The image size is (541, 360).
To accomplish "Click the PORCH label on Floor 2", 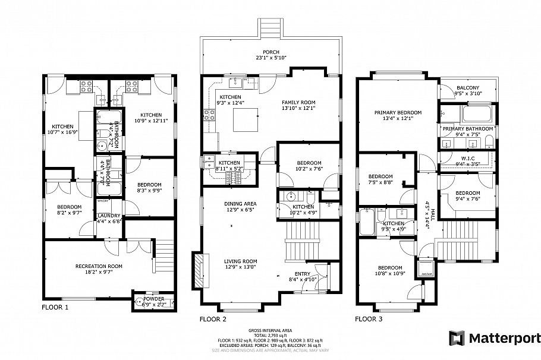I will click(270, 52).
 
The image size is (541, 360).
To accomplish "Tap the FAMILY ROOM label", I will click(298, 102).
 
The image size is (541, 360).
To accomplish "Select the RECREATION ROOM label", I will click(99, 266).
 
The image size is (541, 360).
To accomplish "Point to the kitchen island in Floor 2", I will click(246, 121).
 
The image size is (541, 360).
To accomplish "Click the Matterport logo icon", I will click(456, 338).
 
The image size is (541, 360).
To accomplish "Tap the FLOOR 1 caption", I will click(55, 308).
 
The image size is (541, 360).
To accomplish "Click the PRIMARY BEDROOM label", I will click(398, 112).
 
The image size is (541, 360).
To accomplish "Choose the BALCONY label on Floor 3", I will click(468, 87).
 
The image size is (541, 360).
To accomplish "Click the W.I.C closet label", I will click(467, 157).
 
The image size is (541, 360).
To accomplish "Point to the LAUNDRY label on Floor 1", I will click(109, 216).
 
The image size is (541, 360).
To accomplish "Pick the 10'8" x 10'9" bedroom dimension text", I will click(389, 273).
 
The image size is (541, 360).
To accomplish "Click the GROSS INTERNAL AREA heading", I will click(270, 330).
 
